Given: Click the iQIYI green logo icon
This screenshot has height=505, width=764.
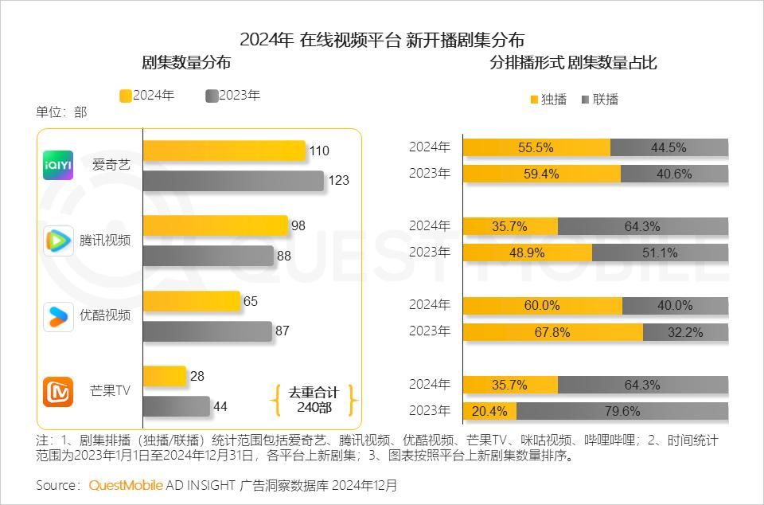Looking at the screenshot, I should pos(58,165).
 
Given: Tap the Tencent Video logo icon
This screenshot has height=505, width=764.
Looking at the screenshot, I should pos(58,241).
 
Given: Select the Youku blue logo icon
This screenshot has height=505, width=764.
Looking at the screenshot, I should pos(58,315).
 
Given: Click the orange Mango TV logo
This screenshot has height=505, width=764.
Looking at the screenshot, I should pos(58,391).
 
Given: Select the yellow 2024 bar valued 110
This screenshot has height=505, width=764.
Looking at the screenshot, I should pos(224,151).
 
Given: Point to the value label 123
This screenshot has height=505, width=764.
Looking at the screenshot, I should pos(339,181).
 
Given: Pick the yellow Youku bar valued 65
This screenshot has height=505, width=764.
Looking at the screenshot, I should pos(191,301).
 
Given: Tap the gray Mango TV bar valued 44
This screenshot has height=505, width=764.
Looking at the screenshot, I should pos(176,406).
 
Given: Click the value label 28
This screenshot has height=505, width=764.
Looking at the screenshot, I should pos(199,376).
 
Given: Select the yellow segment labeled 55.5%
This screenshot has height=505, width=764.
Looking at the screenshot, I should pos(536,147).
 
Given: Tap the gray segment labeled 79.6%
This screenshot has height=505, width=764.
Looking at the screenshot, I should pos(622,412).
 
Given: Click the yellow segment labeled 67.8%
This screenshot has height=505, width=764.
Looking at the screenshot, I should pos(552,332).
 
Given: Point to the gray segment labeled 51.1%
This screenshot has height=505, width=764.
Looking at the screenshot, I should pos(660,252).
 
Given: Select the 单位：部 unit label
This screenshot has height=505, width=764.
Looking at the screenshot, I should pos(61,112).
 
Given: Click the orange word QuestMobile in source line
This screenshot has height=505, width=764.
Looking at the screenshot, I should pos(126,485).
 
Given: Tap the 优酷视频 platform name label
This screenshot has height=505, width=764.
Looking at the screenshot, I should pos(105,315).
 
